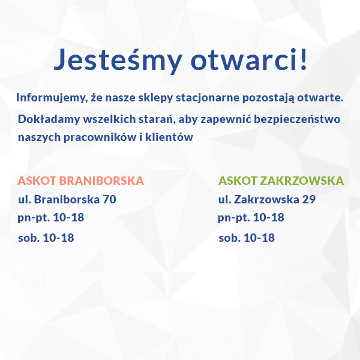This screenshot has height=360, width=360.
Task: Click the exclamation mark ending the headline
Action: coord(304,59)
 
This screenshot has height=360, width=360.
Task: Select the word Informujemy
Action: coord(52,98)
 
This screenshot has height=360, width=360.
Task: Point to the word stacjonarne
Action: coord(208,98)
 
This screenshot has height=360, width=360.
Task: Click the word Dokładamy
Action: coord(49,119)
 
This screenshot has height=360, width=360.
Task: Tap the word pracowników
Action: coord(100,137)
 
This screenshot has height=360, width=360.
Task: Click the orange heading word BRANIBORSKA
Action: coord(101,181)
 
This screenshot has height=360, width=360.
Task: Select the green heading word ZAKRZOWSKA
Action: coord(302,181)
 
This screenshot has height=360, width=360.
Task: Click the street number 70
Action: coord(109,199)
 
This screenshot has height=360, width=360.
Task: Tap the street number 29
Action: coord(309,199)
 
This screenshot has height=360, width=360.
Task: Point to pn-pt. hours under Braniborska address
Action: coord(51,218)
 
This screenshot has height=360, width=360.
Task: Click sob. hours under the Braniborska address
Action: coord(46,238)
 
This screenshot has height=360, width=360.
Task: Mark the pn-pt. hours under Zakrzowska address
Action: coord(251,218)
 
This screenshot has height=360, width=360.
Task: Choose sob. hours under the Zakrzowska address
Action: coord(247,238)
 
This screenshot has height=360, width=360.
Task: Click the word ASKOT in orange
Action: coord(37,181)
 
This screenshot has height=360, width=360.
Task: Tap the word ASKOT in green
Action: coord(238,181)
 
